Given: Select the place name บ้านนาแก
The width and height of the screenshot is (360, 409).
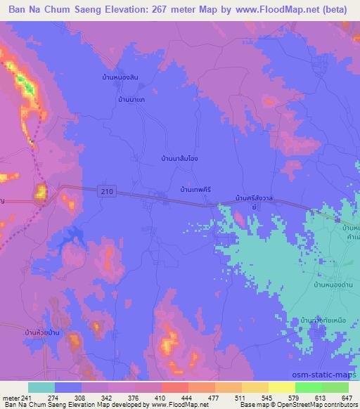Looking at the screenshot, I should tap(131, 100).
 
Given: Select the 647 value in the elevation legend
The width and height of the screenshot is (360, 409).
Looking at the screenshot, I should tap(347, 398).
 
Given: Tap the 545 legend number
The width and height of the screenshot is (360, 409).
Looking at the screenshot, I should tap(267, 398).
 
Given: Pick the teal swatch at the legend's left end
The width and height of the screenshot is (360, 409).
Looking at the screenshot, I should tap(41, 387).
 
